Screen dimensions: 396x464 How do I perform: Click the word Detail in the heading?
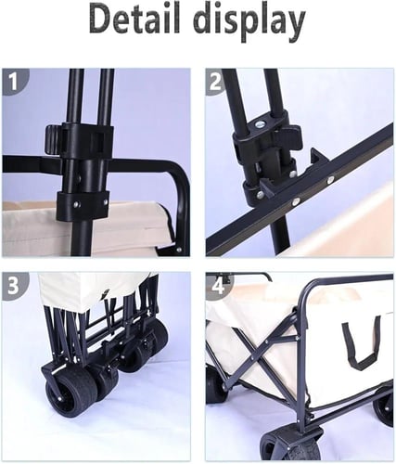click(134, 19)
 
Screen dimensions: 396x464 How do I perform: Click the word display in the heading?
click(250, 22)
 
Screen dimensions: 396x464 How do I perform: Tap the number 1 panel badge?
click(13, 82)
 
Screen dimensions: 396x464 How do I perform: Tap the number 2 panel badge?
click(216, 82)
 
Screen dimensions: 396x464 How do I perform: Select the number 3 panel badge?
click(13, 286)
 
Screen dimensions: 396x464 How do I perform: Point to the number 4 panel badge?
click(218, 286)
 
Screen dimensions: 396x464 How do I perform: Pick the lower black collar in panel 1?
click(83, 205)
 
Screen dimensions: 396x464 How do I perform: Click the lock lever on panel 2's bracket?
click(290, 137)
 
